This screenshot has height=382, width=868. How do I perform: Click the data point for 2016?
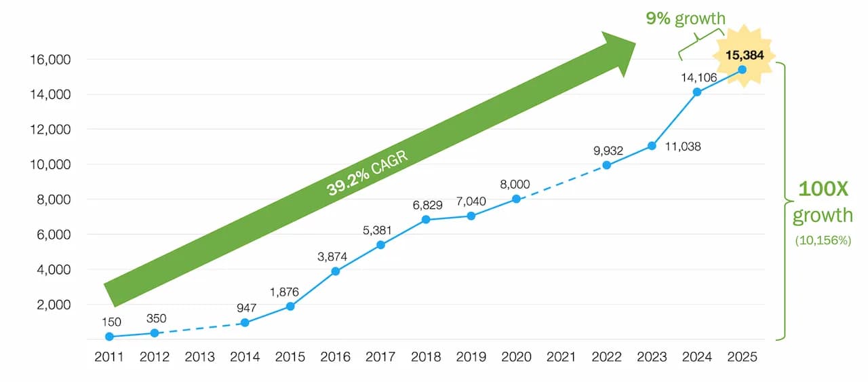coord(335,271)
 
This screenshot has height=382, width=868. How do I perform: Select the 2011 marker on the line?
coord(109,337)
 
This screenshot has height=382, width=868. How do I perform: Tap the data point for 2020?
coord(516,199)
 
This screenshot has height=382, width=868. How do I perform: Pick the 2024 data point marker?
coord(697,92)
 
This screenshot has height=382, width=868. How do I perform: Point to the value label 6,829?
coord(425,204)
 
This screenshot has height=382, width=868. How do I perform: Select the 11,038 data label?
coord(682,146)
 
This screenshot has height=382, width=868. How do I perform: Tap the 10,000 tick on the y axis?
coord(51,164)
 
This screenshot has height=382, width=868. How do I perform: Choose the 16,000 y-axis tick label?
coord(51,59)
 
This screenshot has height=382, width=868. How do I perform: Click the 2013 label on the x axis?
coord(199,357)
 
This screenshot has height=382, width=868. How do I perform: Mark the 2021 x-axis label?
coord(561,357)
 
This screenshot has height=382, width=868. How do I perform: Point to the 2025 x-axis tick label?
coord(743,357)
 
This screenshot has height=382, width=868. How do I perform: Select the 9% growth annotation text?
coord(685,18)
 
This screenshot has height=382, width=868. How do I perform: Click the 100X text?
coord(823,189)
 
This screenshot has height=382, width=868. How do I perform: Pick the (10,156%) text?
coord(823,240)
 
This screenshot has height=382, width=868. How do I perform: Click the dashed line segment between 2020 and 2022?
coord(561,182)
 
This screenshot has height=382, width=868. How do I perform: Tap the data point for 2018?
coord(426,219)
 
